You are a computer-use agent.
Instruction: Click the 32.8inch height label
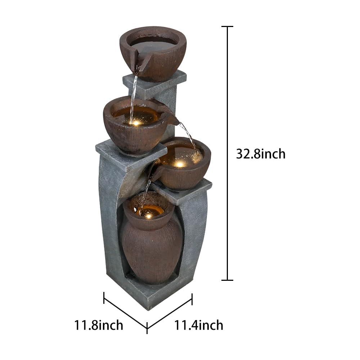point(261,154)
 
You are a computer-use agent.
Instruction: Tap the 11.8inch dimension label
point(99,325)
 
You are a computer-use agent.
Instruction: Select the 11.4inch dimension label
point(199,325)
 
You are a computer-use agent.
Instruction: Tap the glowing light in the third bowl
point(180,164)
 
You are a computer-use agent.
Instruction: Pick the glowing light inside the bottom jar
point(148,215)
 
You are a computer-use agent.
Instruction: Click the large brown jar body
point(151,252)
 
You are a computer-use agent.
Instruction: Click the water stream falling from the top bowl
point(133,95)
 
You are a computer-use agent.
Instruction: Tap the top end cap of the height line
point(227,26)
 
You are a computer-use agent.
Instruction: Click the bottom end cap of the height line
point(227,280)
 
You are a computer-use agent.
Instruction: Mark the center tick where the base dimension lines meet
point(147,328)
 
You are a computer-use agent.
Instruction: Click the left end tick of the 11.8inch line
point(104,298)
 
